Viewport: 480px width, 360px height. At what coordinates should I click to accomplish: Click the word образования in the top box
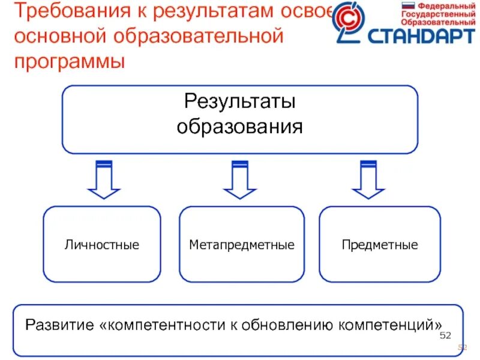coord(239,127)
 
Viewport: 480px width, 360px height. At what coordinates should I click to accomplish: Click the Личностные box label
coord(102,245)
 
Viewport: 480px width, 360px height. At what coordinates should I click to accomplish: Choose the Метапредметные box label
coord(242,245)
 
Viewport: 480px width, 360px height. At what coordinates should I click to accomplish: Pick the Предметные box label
coord(380,245)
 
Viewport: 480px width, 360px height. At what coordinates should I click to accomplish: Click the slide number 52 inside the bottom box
coord(445,335)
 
